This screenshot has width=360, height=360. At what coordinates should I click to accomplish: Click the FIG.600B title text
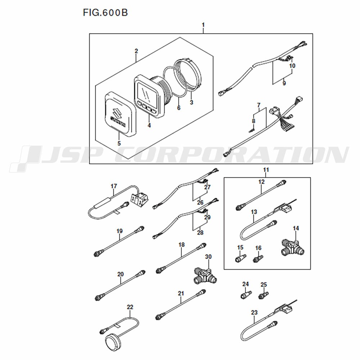tap(105, 13)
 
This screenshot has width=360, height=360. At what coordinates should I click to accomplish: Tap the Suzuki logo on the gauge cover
tap(118, 117)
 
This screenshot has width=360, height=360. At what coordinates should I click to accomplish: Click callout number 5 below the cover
tap(119, 144)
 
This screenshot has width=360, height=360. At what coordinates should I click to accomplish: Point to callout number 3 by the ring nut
tap(192, 102)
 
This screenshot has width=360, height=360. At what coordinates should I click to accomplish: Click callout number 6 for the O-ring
tap(179, 107)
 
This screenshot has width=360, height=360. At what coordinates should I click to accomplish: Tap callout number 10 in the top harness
tap(292, 66)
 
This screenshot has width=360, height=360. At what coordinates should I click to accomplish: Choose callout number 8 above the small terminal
tap(253, 121)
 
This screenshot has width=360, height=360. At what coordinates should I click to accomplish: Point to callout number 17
tap(114, 186)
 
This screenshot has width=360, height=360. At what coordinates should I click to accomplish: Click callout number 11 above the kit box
tap(266, 170)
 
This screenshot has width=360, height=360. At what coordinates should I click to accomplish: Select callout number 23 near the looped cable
tap(255, 312)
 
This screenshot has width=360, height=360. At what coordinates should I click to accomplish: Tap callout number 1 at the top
tap(203, 25)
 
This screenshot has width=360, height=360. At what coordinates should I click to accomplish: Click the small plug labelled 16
tap(258, 259)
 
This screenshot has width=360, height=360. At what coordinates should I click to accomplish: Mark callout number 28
tap(200, 233)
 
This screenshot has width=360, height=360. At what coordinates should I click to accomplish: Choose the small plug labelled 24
tap(246, 294)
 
